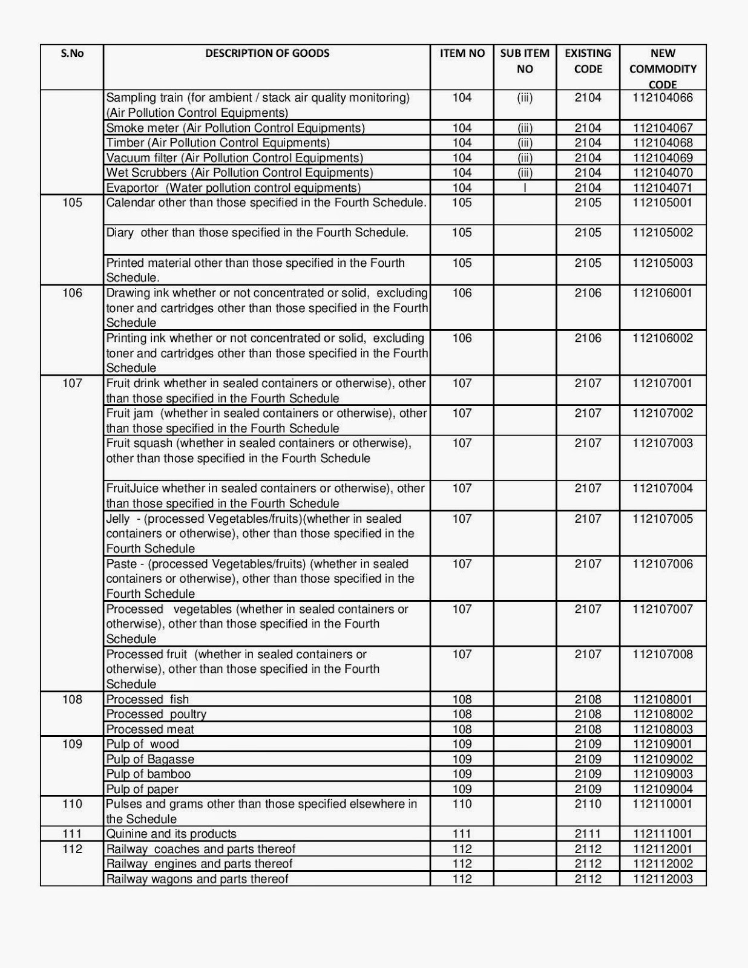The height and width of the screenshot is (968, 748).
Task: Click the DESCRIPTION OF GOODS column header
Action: click(267, 53)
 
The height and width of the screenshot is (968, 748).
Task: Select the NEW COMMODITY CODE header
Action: click(663, 68)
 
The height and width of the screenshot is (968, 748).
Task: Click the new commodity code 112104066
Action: click(663, 97)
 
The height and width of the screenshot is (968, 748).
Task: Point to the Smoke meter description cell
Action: click(235, 128)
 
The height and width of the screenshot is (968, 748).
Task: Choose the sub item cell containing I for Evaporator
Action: click(525, 188)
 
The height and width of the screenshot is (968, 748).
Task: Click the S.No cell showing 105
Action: click(72, 203)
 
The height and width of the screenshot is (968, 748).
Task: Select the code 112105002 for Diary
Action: click(663, 232)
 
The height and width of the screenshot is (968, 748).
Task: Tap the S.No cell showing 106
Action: click(72, 293)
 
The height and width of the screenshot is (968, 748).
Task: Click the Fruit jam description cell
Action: click(266, 420)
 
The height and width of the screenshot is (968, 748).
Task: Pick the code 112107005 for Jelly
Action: click(663, 518)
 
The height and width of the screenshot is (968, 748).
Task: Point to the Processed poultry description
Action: click(156, 714)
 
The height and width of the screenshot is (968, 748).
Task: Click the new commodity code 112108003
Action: click(663, 729)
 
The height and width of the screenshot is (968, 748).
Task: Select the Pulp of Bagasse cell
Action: click(150, 759)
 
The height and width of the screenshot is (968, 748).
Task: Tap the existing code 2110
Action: click(588, 804)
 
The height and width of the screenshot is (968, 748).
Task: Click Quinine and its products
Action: click(171, 834)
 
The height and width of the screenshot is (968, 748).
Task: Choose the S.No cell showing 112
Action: click(72, 849)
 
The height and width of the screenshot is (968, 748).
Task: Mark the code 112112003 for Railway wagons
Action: click(663, 879)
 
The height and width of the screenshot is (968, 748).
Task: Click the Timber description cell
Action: click(218, 143)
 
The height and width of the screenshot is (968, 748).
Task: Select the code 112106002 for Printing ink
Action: click(663, 338)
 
